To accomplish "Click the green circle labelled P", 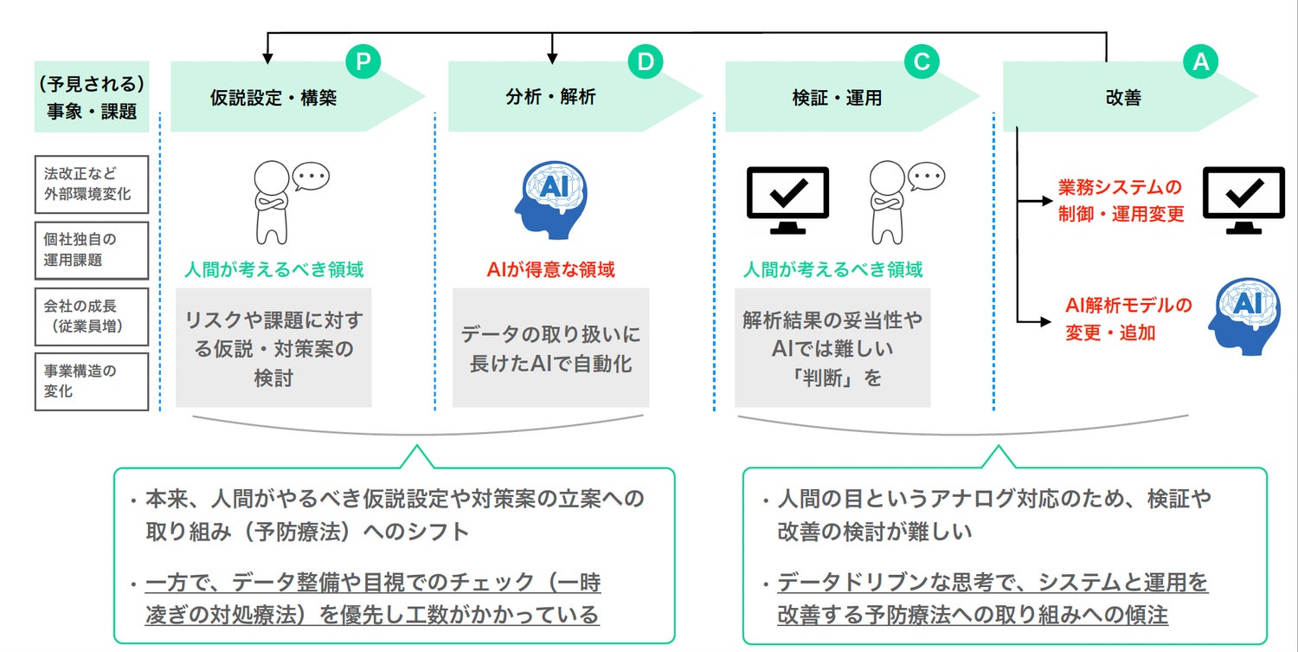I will (363, 61).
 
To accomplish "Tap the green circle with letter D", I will (645, 61).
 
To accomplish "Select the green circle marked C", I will (922, 61).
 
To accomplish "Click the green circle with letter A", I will (1200, 61).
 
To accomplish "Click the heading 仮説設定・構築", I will (273, 99).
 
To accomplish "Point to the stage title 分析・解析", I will (551, 99).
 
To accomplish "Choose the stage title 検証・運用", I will (837, 99).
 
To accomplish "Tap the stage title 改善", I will (1123, 99).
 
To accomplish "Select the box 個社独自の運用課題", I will (92, 250).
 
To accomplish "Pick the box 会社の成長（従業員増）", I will (92, 316).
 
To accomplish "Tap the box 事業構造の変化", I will (92, 381).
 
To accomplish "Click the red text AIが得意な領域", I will (551, 270).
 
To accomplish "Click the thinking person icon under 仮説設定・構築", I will (270, 202).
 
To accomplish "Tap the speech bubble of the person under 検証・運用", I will (929, 176).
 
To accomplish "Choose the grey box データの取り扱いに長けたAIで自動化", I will (551, 348).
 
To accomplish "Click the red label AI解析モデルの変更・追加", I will (1128, 318).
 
